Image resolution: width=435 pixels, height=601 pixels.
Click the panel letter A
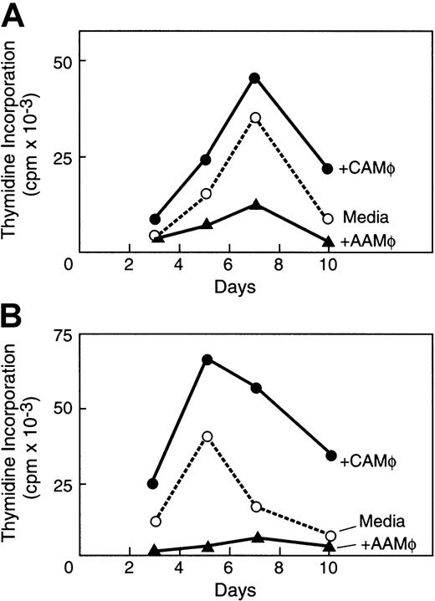(x=14, y=14)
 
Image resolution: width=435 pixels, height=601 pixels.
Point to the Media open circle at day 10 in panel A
(x=328, y=218)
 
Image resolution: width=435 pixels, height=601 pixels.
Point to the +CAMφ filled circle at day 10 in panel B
(x=330, y=456)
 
